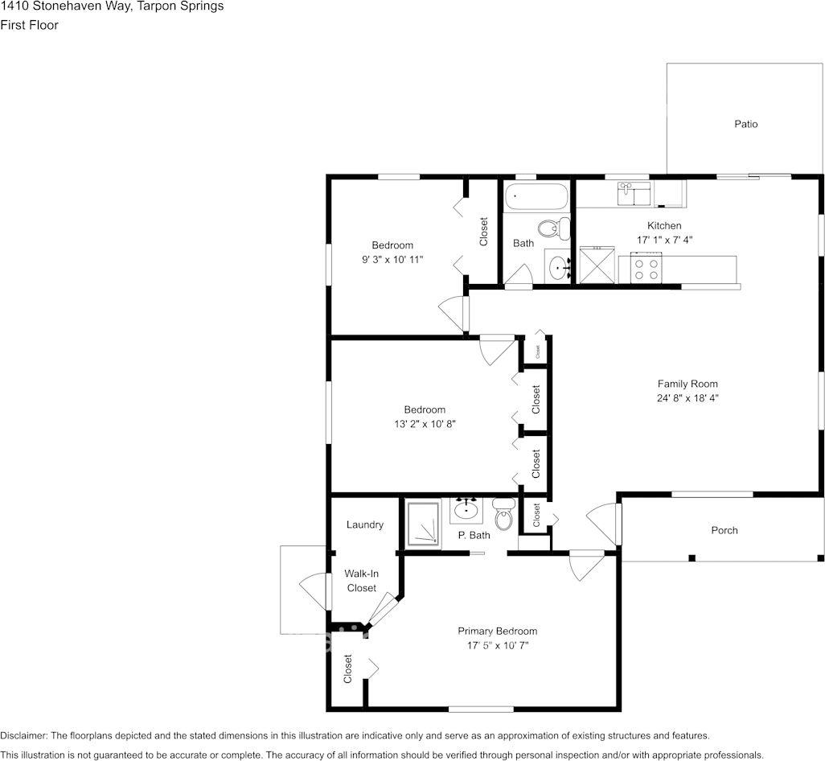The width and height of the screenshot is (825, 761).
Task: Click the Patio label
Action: [x=745, y=124]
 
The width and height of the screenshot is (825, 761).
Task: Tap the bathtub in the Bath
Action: [x=536, y=195]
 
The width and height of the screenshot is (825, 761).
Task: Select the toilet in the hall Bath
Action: [x=549, y=229]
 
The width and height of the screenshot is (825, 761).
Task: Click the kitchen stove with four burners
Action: [x=646, y=267]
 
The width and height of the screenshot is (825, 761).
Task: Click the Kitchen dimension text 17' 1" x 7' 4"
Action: [x=663, y=240]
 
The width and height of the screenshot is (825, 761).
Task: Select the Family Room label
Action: [x=687, y=384]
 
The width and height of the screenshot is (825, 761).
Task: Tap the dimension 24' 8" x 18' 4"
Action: [x=687, y=397]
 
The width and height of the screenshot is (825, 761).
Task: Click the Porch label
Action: [x=724, y=530]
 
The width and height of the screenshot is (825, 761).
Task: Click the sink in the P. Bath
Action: [x=466, y=508]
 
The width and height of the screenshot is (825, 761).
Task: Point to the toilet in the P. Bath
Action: [x=503, y=516]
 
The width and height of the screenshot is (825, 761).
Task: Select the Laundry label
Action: [x=364, y=524]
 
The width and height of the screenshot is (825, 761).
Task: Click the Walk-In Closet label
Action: [x=361, y=581]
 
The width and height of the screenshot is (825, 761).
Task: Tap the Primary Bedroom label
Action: [x=497, y=631]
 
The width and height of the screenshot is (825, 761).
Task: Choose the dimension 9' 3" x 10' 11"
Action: [x=392, y=259]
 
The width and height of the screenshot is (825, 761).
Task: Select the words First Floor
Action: [x=29, y=25]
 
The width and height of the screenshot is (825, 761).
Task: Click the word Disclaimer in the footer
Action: [x=23, y=735]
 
